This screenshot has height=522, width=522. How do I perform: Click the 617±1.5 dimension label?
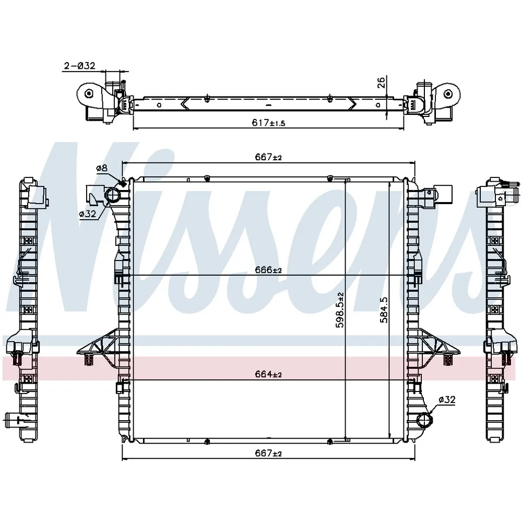point(268,123)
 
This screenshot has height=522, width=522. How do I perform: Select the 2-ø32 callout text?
point(79,66)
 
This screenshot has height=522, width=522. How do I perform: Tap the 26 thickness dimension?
point(382,82)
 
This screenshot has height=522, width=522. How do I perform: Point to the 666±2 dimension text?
point(268,270)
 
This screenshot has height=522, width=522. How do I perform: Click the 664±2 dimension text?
point(268,374)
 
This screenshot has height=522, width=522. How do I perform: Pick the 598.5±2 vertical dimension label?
point(340,310)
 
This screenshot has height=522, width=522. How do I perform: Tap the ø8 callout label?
point(102,168)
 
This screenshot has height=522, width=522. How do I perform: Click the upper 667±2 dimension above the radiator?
point(268,157)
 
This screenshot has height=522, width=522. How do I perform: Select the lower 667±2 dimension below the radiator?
point(268,453)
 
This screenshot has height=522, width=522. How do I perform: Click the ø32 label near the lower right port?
point(447,399)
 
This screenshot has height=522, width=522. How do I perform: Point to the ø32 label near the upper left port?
point(88,213)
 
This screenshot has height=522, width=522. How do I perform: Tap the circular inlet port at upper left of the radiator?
point(112,195)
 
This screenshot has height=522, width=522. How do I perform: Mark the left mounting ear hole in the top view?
point(88,93)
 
